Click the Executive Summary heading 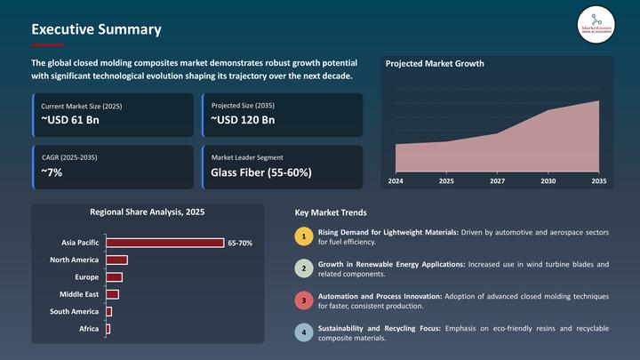pos(96,29)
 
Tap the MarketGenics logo pos(596,23)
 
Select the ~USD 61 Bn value pos(69,120)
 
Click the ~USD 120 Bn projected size pos(243,120)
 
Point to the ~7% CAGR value pos(52,172)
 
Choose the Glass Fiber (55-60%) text pos(260,172)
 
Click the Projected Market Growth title pos(435,64)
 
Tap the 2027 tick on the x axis pos(497,180)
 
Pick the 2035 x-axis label pos(598,180)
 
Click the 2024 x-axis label pos(396,180)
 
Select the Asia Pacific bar pos(164,243)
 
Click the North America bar pos(116,260)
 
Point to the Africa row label pos(89,329)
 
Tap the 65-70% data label pos(240,243)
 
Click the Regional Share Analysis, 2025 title pos(147,212)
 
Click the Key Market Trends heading pos(330,213)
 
